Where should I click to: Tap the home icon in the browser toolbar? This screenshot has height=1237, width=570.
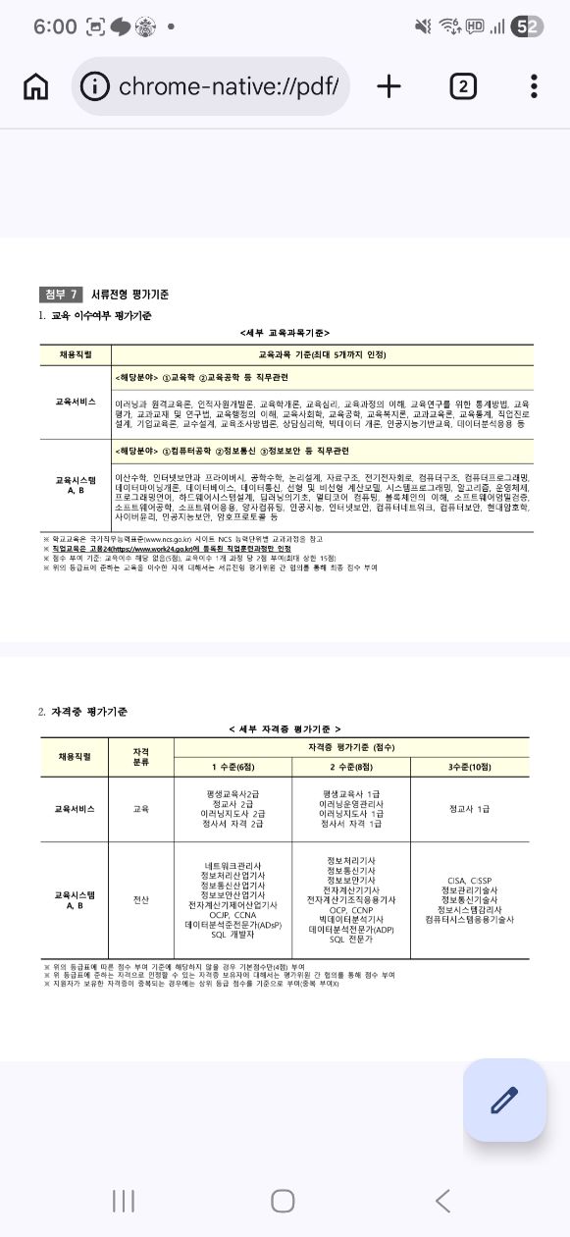tap(35, 86)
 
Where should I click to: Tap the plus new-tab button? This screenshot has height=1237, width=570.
tap(389, 86)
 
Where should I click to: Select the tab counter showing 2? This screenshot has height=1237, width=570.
tap(463, 86)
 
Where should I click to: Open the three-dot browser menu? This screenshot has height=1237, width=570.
tap(534, 86)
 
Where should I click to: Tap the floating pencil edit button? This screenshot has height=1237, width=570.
tap(504, 1100)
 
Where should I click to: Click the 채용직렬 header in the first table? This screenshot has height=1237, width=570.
tap(75, 352)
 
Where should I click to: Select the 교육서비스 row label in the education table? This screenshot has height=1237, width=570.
tap(75, 402)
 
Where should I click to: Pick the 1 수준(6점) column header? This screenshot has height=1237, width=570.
tap(233, 766)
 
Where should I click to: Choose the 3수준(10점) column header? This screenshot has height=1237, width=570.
tap(469, 766)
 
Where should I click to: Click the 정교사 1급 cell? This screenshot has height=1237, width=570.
tap(469, 809)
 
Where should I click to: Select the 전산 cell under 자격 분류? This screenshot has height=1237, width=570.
tap(141, 898)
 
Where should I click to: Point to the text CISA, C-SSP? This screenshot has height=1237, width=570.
tap(469, 880)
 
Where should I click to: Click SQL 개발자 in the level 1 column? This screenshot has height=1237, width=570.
tap(233, 935)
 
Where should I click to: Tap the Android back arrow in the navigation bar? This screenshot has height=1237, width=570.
tap(442, 1200)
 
